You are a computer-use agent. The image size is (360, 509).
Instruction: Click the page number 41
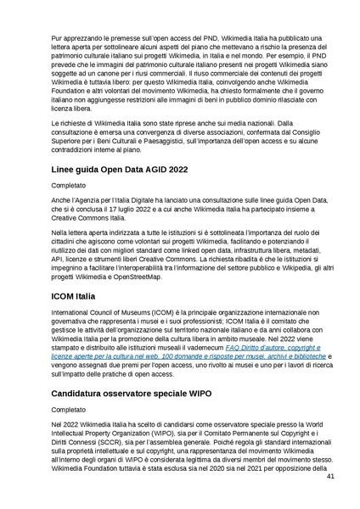tap(330, 477)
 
